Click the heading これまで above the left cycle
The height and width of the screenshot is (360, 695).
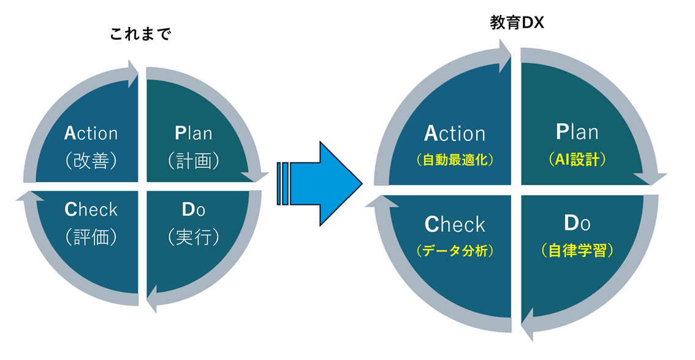(x=141, y=34)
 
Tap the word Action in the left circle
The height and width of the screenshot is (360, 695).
(x=91, y=133)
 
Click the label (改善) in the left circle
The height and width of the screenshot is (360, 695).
(x=91, y=161)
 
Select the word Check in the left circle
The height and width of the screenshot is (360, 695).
(x=91, y=210)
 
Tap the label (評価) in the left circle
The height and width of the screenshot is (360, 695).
(x=91, y=237)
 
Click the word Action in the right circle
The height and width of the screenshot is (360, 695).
(x=455, y=133)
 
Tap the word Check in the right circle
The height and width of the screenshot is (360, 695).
(x=455, y=224)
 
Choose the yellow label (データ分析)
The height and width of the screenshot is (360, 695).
(x=455, y=251)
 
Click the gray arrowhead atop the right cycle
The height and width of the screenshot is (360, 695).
(x=504, y=50)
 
